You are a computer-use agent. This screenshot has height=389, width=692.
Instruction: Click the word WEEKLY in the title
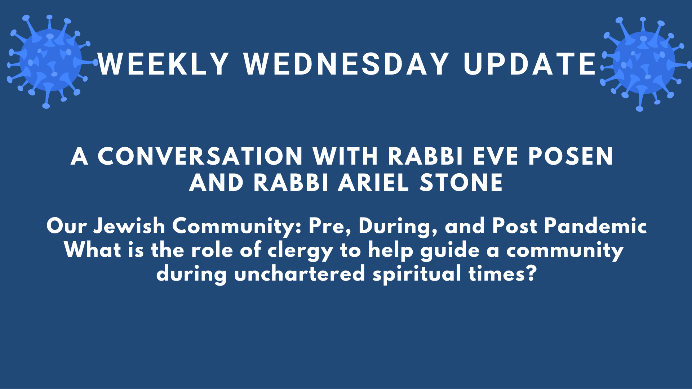point(163,64)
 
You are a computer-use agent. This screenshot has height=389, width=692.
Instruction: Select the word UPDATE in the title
point(529,64)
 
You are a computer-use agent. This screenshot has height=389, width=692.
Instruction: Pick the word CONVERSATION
point(200,156)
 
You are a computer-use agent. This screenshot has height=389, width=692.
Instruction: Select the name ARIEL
point(373,183)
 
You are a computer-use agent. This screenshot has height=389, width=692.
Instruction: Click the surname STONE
point(461,183)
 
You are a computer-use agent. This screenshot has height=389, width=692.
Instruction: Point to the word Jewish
point(129,226)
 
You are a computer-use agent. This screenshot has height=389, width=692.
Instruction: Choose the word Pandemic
point(595,226)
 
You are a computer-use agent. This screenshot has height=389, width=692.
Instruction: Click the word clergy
point(301,251)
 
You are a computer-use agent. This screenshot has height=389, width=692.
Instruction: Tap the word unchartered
point(300,274)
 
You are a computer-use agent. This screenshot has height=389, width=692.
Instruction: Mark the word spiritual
point(417,274)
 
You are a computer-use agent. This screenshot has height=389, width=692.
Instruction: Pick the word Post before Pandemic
point(515,226)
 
